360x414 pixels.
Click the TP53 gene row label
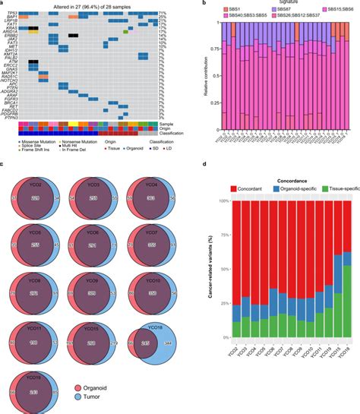pyautogui.click(x=12, y=14)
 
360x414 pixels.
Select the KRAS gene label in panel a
pyautogui.click(x=12, y=28)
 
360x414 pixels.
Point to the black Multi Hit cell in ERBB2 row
pyautogui.click(x=72, y=36)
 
